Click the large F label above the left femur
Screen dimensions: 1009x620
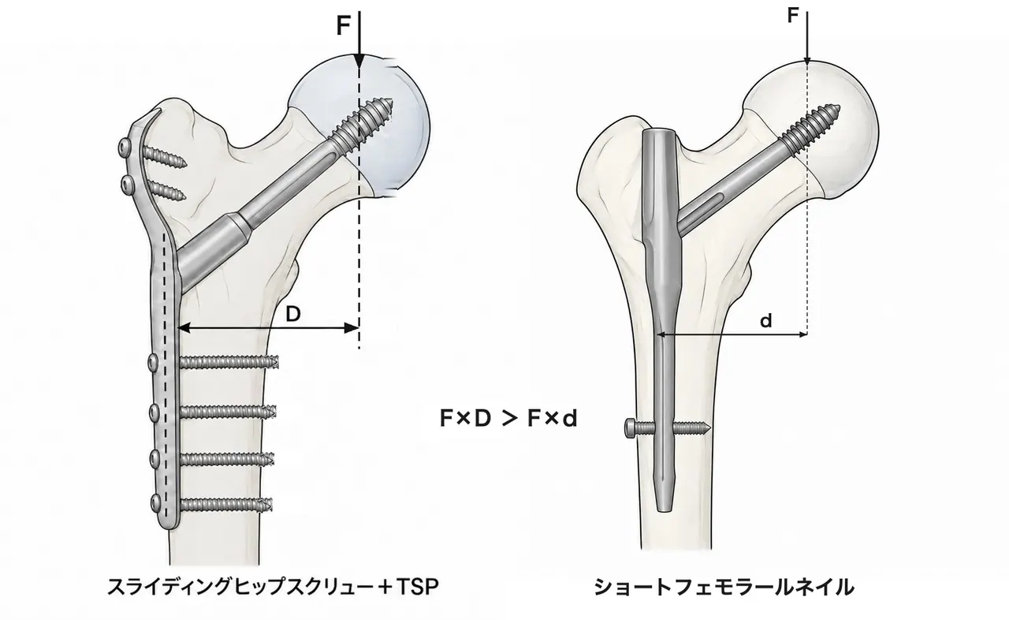(344, 25)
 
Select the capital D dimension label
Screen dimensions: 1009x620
(293, 314)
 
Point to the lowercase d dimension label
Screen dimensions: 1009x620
(765, 321)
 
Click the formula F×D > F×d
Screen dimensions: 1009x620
(508, 419)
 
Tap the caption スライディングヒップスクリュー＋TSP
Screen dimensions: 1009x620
(273, 587)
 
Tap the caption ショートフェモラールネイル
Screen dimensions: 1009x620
(724, 587)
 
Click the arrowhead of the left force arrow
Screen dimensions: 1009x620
(359, 62)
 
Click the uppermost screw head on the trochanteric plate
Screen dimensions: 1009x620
(124, 147)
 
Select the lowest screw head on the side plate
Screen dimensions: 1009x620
(155, 502)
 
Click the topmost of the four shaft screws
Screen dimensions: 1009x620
(229, 362)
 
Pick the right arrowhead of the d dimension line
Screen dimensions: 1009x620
(802, 334)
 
